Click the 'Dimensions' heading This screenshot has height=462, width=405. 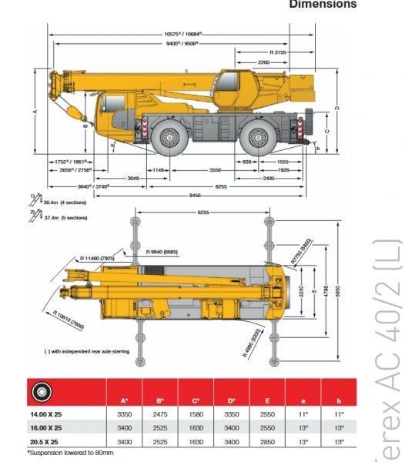(x=323, y=5)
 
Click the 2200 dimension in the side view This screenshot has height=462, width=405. (x=264, y=62)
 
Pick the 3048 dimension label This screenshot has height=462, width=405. (x=132, y=178)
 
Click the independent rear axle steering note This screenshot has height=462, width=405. (x=86, y=351)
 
